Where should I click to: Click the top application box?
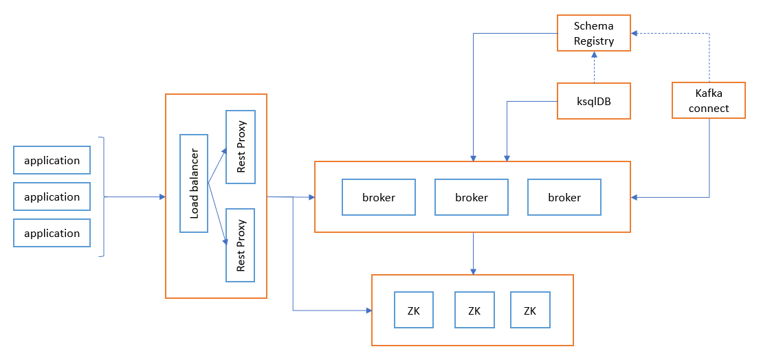[x=52, y=160]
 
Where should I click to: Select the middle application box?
[x=52, y=196]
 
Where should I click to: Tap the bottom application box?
[x=52, y=233]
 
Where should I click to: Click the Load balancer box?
[x=193, y=183]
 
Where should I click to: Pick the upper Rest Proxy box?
[x=240, y=147]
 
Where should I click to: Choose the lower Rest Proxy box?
[x=240, y=245]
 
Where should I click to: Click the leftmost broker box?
[x=379, y=197]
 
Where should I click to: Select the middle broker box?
[x=472, y=197]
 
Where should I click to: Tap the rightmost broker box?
[x=564, y=197]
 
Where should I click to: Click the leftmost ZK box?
[x=414, y=310]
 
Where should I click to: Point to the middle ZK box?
[x=474, y=310]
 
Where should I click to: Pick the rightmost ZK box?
[x=530, y=310]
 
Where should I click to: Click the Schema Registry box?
[x=594, y=33]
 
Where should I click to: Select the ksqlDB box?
[x=594, y=101]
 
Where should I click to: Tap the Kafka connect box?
[x=709, y=100]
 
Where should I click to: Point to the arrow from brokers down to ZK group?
[x=472, y=254]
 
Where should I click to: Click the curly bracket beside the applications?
[x=103, y=196]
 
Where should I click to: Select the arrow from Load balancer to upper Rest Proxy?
[x=217, y=165]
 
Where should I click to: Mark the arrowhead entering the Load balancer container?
[x=162, y=196]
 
